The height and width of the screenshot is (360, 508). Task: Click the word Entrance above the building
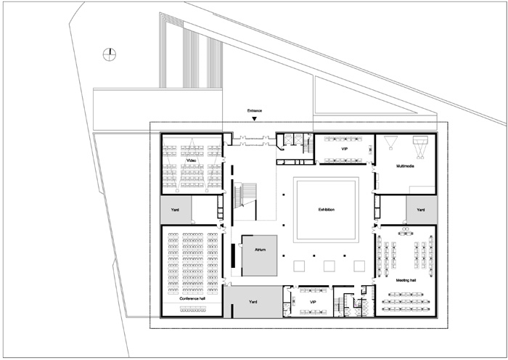click(254, 111)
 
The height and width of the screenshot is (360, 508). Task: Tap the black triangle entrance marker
click(254, 119)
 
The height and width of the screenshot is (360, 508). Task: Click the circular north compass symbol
click(110, 54)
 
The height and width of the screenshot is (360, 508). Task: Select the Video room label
click(192, 160)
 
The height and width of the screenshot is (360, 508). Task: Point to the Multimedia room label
click(405, 166)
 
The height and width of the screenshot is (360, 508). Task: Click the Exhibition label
click(327, 210)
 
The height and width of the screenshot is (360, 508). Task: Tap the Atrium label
click(260, 250)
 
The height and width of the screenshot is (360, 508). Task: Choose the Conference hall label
click(192, 298)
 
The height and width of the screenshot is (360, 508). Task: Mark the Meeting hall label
click(406, 280)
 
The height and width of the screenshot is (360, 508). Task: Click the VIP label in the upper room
click(344, 150)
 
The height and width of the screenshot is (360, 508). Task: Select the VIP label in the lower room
click(313, 302)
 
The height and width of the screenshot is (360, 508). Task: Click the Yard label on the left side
click(175, 210)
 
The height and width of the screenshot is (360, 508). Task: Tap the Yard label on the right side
click(420, 210)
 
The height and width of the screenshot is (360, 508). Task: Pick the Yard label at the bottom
click(253, 302)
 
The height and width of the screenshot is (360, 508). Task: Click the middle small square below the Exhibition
click(329, 266)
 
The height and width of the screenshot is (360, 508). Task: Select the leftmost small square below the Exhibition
click(299, 266)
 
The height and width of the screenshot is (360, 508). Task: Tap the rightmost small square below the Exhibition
click(359, 266)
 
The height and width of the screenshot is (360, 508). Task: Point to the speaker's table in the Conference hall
click(194, 309)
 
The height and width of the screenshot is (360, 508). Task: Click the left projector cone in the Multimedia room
click(390, 143)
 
